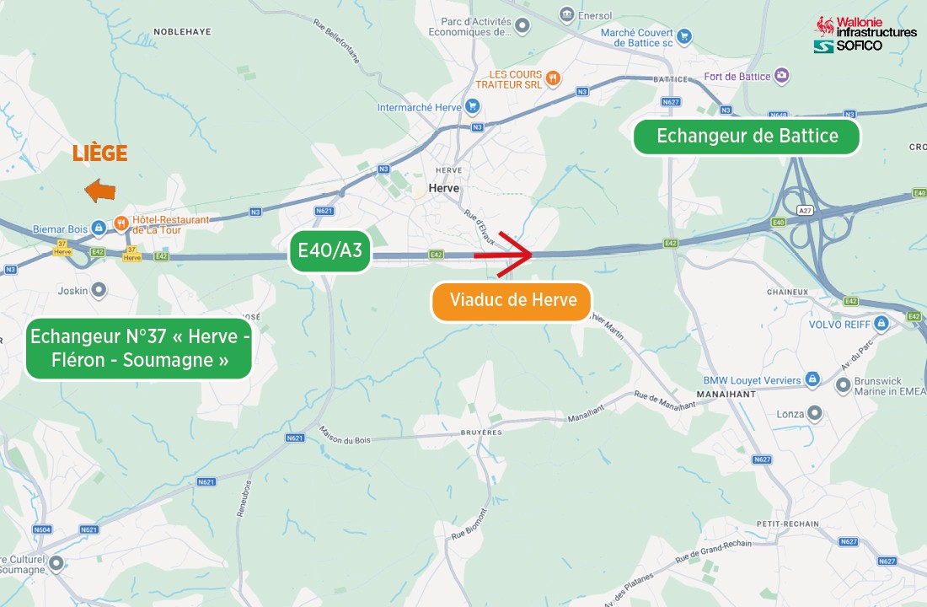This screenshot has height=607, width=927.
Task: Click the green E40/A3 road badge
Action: (x=330, y=250)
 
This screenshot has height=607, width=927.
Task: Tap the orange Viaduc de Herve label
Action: (x=512, y=301)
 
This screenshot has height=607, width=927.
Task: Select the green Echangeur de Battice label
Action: (x=747, y=137)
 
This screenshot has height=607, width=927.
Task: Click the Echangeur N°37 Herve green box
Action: (x=139, y=348)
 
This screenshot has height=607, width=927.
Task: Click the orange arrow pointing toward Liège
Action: (x=100, y=191)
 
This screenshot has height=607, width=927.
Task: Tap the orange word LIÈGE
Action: (x=99, y=153)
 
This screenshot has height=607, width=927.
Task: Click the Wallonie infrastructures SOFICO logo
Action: (x=865, y=34)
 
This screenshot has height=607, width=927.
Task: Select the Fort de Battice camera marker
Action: (x=783, y=77)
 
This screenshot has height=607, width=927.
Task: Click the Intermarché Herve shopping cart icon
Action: (x=473, y=107)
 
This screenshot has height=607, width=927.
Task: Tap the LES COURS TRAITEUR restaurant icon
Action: (x=553, y=78)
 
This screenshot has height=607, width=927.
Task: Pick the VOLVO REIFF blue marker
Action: (x=881, y=324)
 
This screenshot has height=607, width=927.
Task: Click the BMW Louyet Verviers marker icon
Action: (x=812, y=380)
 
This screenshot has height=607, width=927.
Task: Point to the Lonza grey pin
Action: (x=814, y=413)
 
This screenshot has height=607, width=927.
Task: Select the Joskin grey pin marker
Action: (x=99, y=290)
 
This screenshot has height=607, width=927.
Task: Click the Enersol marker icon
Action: (x=567, y=14)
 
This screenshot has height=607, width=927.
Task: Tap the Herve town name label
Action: (x=443, y=188)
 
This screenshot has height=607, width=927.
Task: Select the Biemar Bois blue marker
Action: (x=99, y=228)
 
